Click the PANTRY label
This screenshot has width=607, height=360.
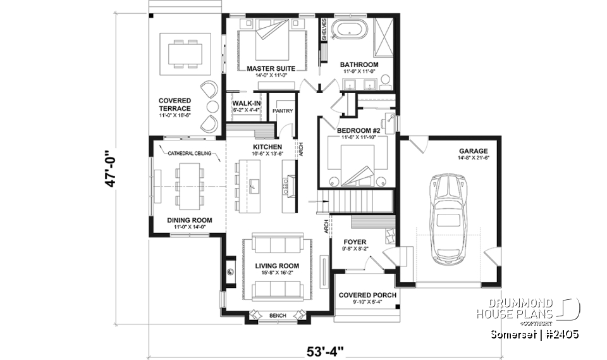pyautogui.click(x=282, y=111)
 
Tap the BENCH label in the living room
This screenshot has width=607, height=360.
pyautogui.click(x=277, y=315)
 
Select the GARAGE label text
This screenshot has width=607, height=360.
pyautogui.click(x=474, y=151)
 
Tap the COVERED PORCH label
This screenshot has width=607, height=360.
pyautogui.click(x=367, y=295)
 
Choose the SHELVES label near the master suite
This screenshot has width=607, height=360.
pyautogui.click(x=324, y=30)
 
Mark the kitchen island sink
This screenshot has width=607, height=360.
pyautogui.click(x=255, y=185)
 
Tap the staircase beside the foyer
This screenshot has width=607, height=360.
pyautogui.click(x=352, y=203)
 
